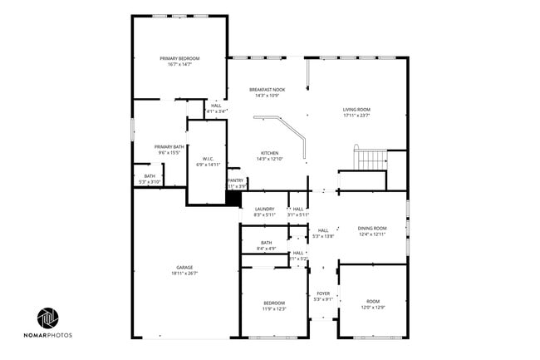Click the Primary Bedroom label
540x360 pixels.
(x=179, y=58)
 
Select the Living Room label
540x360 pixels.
(x=357, y=110)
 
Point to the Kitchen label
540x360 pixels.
(x=270, y=153)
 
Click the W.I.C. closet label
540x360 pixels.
(x=207, y=159)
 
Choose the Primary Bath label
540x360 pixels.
(x=169, y=147)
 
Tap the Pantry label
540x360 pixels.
(x=236, y=180)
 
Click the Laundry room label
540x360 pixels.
(x=264, y=209)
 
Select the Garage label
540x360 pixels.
(x=184, y=267)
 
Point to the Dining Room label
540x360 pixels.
(x=372, y=228)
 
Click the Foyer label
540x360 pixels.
(x=323, y=293)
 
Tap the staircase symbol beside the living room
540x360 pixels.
(x=371, y=157)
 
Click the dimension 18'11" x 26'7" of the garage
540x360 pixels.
(x=184, y=274)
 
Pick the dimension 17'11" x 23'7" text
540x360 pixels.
(x=357, y=116)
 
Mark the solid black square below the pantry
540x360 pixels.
(x=233, y=200)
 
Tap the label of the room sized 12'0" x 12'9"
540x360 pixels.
(x=371, y=302)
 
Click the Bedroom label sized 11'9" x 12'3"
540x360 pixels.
(x=275, y=303)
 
